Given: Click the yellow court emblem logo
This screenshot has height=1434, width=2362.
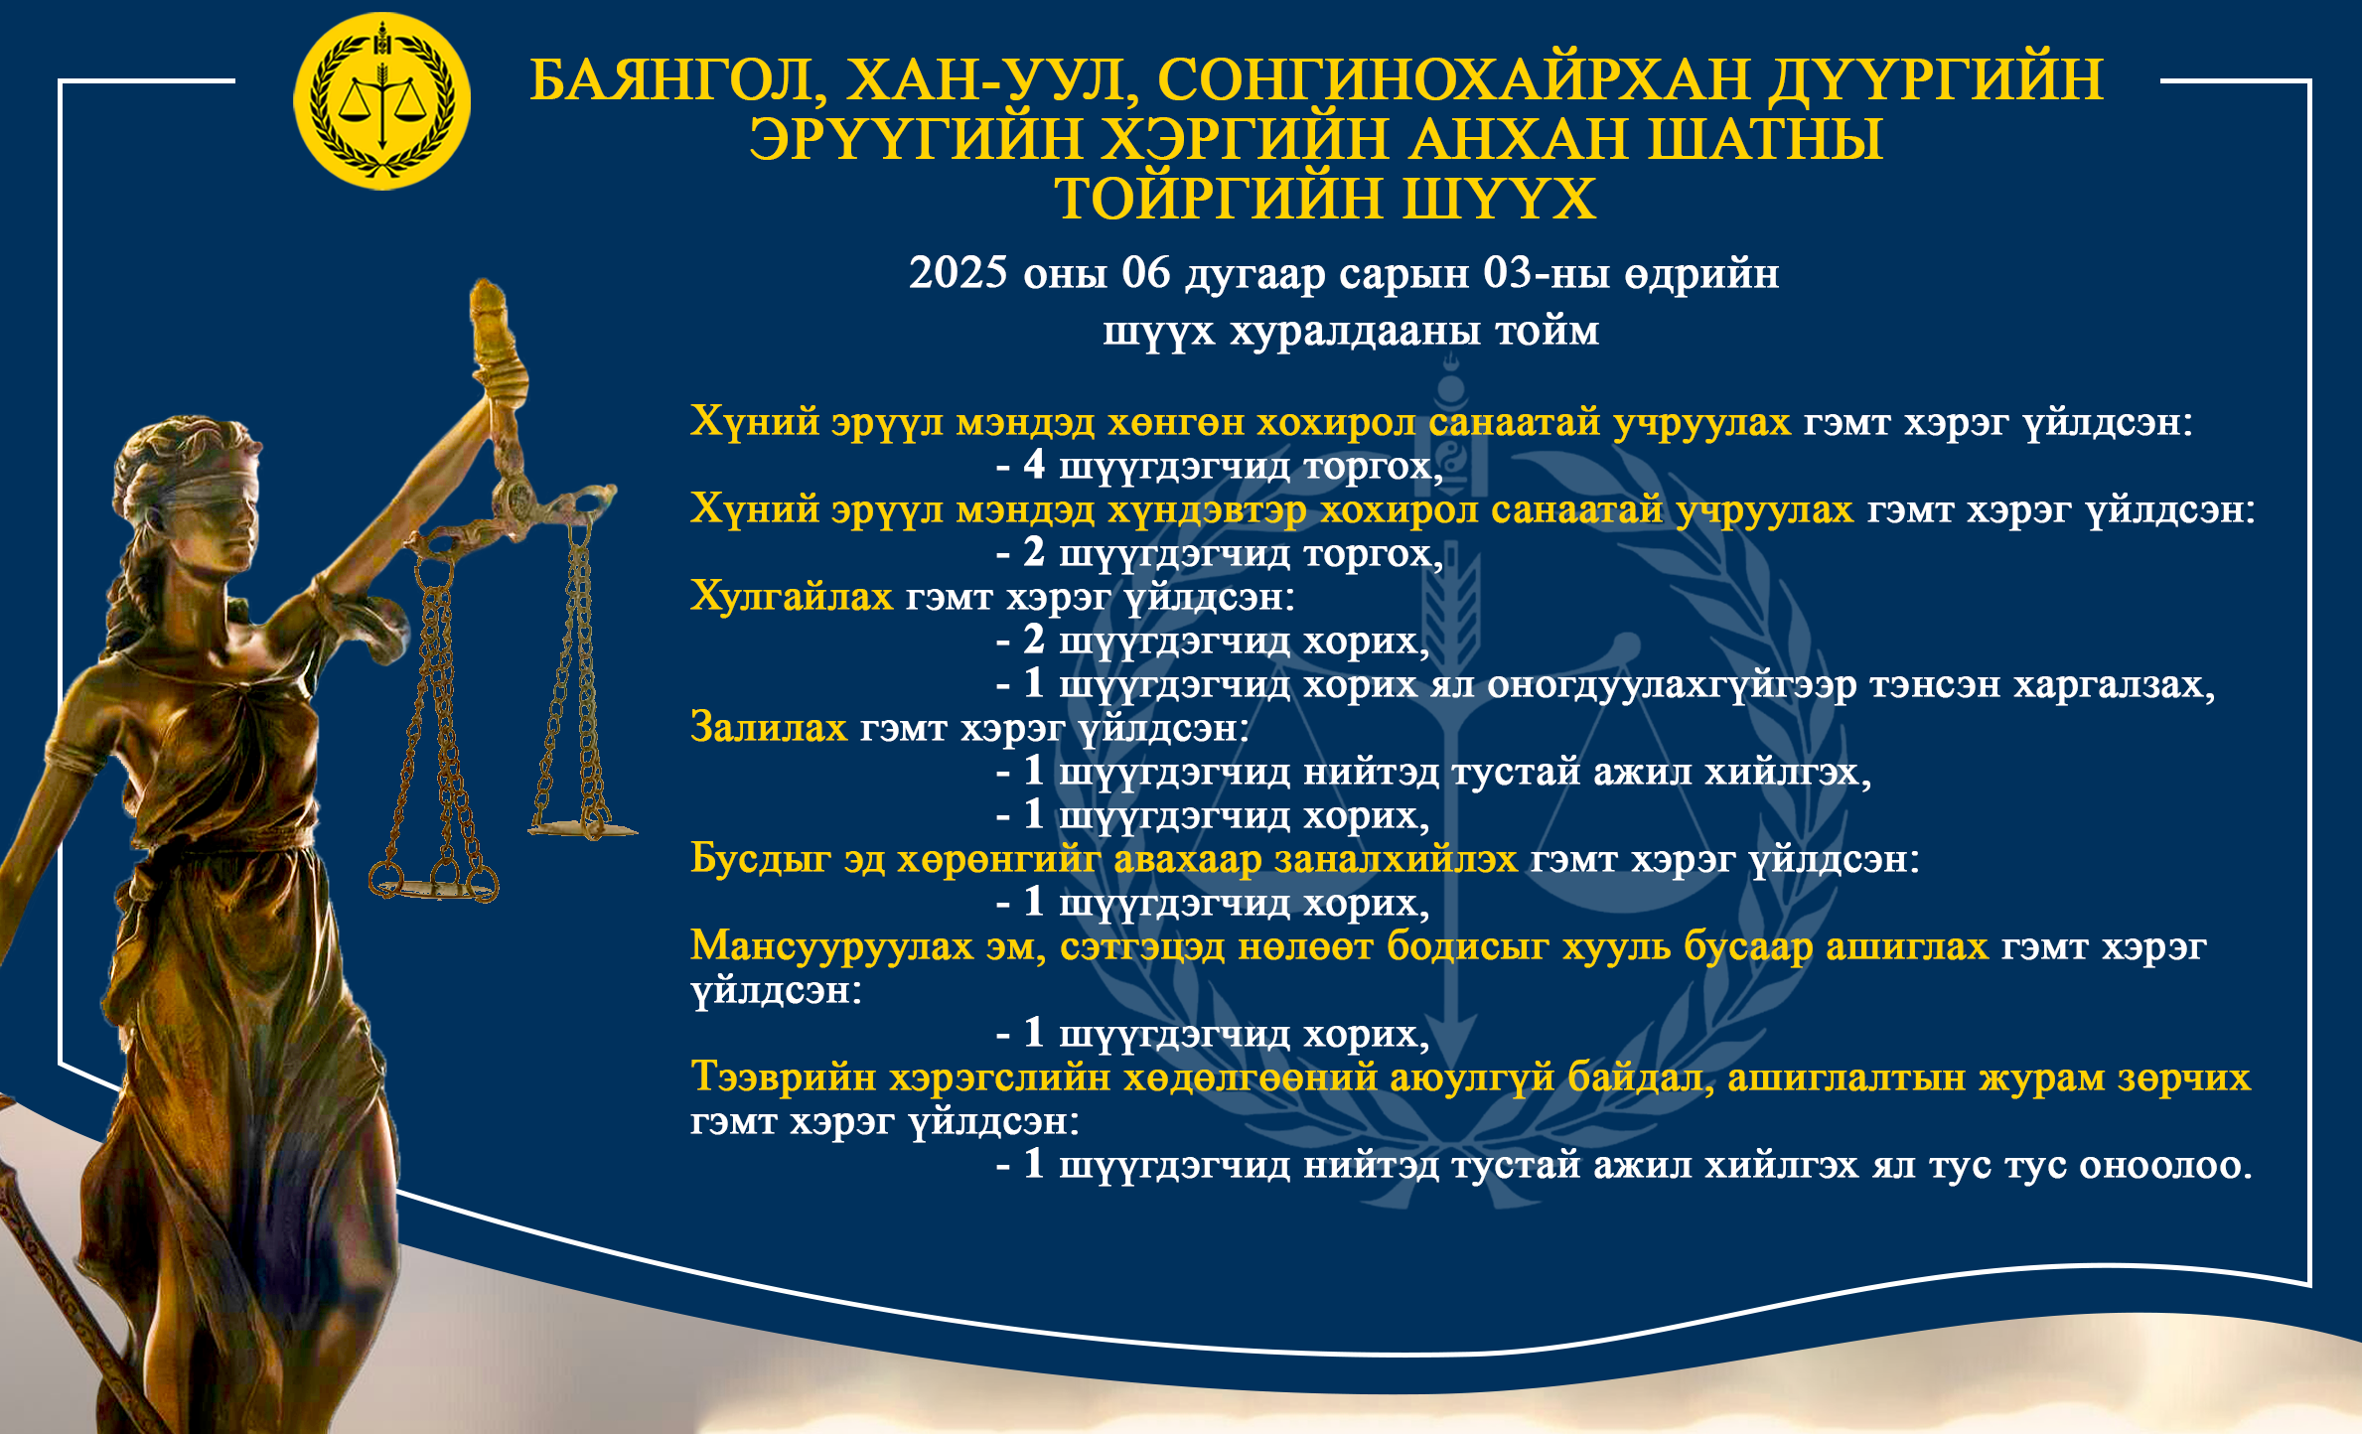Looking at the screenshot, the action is click(x=381, y=101).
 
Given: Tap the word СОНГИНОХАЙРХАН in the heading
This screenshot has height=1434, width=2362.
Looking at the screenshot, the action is click(x=1453, y=79).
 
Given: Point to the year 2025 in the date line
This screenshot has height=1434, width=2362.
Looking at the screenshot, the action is click(x=959, y=273).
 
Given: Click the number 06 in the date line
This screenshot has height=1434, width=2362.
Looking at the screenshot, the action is click(x=1146, y=273).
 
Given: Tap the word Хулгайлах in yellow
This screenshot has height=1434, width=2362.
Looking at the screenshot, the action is click(x=792, y=597).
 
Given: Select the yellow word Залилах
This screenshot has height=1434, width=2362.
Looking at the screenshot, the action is click(x=769, y=728).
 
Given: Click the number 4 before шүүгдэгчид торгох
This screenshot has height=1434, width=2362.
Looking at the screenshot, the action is click(x=1034, y=465).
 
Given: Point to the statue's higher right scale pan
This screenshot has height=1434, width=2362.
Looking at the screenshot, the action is click(x=583, y=827).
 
